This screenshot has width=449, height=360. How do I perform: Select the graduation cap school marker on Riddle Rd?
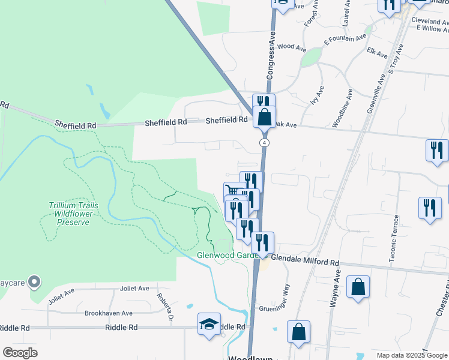209,325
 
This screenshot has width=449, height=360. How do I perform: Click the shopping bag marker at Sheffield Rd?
264,116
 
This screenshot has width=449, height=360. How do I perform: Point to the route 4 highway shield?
264,143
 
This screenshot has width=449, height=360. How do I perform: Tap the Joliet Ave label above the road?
134,289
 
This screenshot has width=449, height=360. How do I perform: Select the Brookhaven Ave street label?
108,313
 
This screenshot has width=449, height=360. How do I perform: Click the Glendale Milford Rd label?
305,263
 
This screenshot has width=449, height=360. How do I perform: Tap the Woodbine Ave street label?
349,107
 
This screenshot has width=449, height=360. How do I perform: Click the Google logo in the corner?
20,353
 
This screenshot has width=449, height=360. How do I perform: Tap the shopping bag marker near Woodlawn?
298,332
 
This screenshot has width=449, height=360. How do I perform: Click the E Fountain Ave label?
345,40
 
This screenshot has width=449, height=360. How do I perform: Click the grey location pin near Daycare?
35,281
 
